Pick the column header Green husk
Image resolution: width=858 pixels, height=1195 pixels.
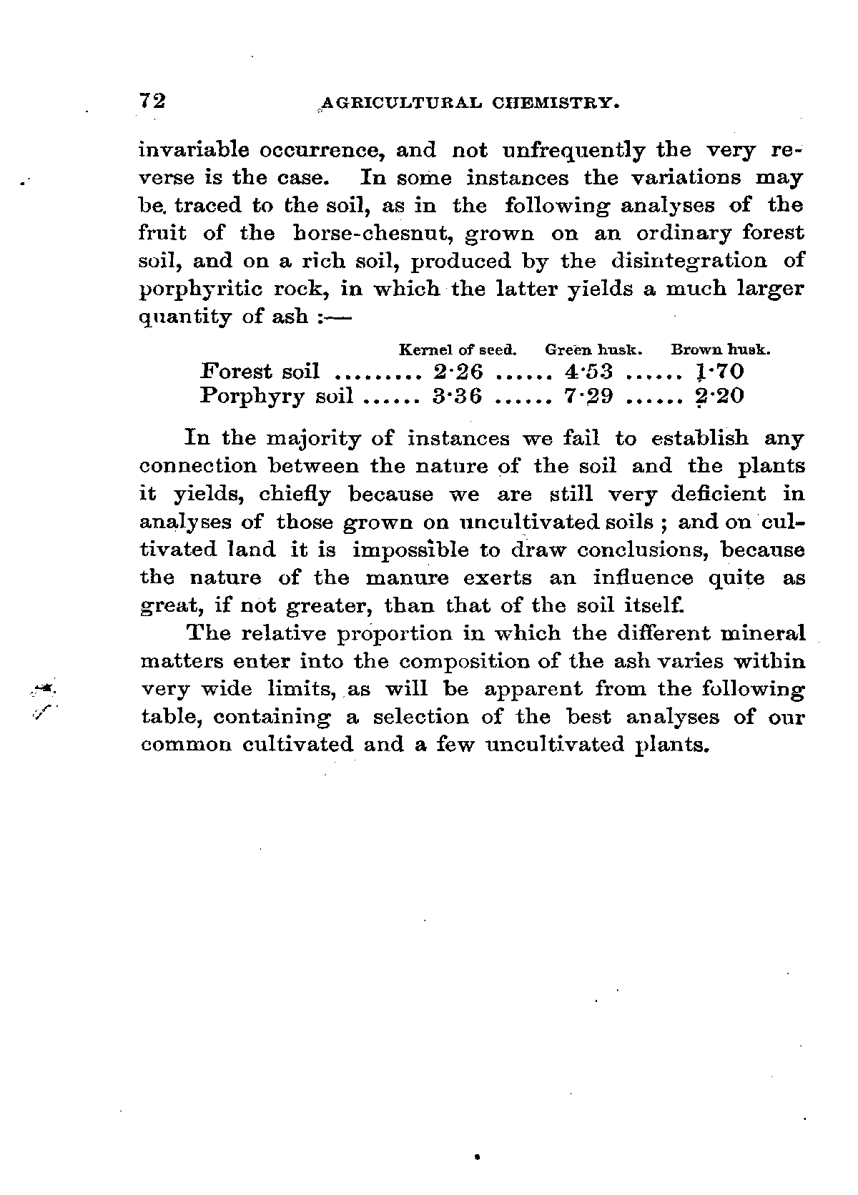pos(594,350)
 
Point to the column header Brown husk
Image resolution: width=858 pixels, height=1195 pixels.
pos(720,350)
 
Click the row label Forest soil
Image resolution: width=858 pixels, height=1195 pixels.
pos(260,371)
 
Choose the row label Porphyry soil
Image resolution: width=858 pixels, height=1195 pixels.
pos(277,395)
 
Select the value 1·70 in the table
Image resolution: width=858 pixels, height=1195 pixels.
pos(720,371)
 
